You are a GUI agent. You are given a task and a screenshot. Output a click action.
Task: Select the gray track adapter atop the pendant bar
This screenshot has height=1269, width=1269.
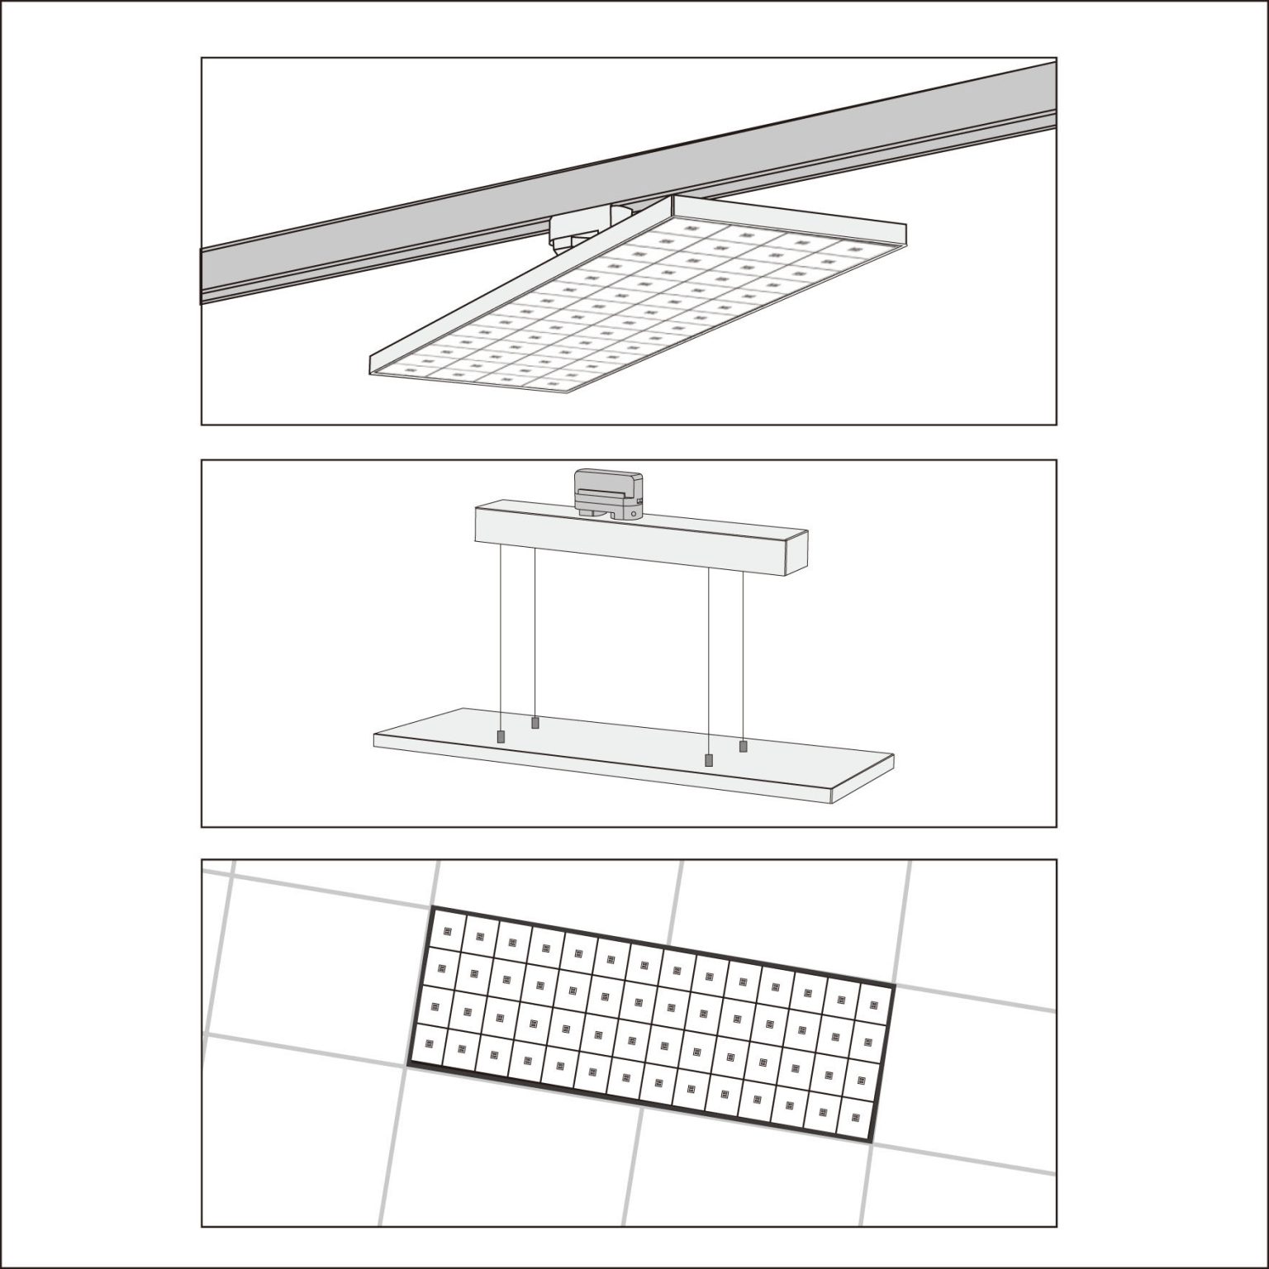click(x=607, y=493)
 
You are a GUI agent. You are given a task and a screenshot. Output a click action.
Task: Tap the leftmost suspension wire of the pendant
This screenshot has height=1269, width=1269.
click(x=500, y=636)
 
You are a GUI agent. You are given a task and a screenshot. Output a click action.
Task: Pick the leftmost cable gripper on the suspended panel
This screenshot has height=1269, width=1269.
click(x=500, y=736)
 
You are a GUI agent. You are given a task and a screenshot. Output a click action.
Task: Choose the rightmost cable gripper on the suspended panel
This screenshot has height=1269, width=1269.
click(x=743, y=746)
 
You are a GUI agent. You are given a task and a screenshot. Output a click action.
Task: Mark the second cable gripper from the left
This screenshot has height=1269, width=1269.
click(x=535, y=723)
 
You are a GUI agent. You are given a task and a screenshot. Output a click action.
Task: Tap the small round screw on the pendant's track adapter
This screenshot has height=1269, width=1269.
click(x=632, y=513)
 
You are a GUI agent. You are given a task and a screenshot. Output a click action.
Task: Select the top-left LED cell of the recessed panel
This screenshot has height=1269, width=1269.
click(x=448, y=931)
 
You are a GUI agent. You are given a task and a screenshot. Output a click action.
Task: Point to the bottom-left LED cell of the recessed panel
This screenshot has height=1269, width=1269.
click(x=429, y=1044)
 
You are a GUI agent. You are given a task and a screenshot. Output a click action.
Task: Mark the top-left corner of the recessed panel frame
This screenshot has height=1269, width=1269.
click(x=433, y=909)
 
